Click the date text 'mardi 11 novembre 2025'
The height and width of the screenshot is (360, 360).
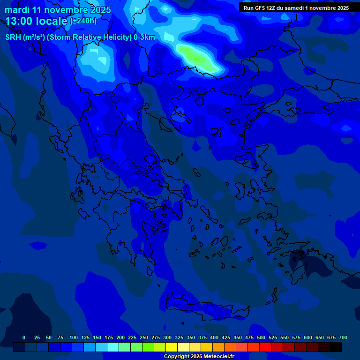[x=58, y=10]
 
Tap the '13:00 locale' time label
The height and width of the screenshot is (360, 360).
[x=37, y=21]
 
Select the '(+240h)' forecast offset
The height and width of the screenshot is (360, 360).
[x=83, y=21]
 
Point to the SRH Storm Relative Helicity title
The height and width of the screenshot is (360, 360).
[x=80, y=37]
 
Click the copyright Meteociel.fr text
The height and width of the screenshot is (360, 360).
[x=199, y=356]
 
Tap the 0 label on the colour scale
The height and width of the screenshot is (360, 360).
[x=24, y=337]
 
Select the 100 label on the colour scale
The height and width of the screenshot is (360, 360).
[x=74, y=337]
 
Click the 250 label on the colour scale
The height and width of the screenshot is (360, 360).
[x=144, y=337]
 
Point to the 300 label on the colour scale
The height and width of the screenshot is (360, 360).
[x=167, y=337]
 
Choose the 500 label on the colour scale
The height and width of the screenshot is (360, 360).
[x=261, y=337]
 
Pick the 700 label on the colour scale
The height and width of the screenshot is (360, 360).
[x=343, y=337]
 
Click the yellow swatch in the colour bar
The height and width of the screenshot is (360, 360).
[x=172, y=347]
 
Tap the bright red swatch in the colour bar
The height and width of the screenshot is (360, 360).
[x=265, y=347]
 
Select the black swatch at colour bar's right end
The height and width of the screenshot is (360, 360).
[x=336, y=347]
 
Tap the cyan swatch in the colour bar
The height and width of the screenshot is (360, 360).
[x=113, y=347]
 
